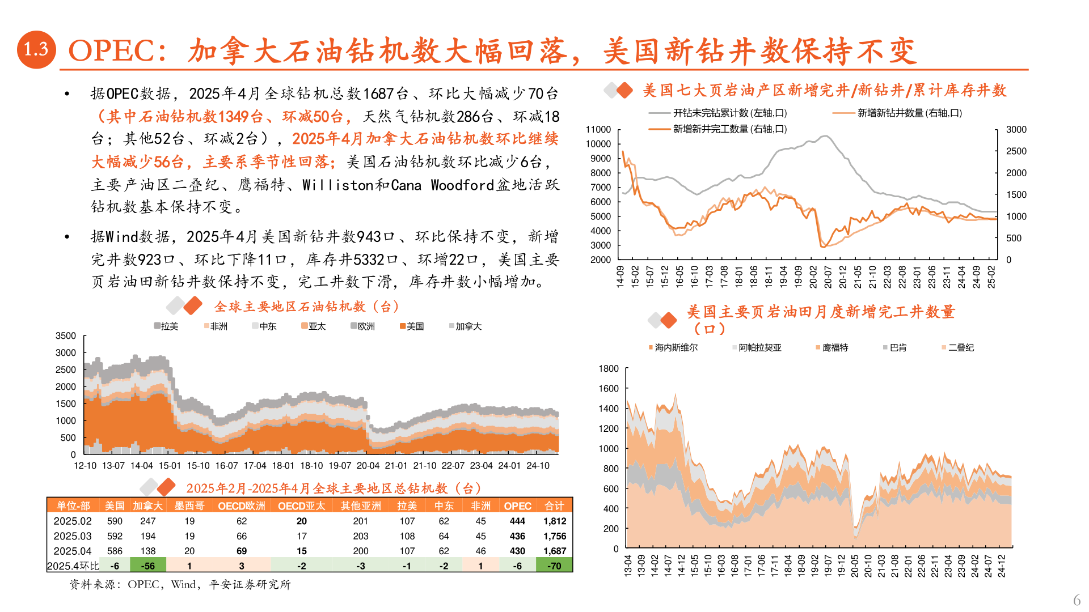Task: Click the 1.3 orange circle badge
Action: (x=36, y=50)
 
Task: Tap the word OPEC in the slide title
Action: (x=111, y=51)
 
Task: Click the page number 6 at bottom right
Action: (x=1077, y=600)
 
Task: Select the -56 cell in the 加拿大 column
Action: (x=148, y=566)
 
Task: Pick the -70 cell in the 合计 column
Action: (x=554, y=566)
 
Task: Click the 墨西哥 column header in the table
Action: (x=189, y=505)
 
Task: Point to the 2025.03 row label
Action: (x=73, y=536)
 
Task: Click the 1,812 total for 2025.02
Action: (x=554, y=521)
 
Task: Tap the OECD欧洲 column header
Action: (x=242, y=505)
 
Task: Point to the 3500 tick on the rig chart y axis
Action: (x=66, y=336)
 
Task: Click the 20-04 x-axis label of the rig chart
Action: (x=368, y=466)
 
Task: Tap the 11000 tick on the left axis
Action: (x=598, y=130)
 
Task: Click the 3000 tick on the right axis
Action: (x=1016, y=130)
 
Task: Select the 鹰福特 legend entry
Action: (x=834, y=347)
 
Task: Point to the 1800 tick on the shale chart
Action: (x=609, y=369)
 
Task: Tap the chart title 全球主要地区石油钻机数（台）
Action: (x=306, y=307)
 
